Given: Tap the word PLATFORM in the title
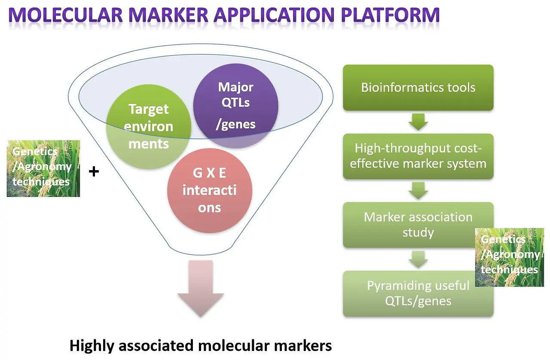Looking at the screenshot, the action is [390, 15].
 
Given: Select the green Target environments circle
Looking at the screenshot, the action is [149, 127].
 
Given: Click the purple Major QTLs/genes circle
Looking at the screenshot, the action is [236, 106].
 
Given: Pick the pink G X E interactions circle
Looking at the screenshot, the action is [210, 191].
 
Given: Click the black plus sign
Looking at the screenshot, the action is [94, 171].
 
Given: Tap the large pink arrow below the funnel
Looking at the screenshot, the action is [201, 289].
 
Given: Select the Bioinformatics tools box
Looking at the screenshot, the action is [418, 88].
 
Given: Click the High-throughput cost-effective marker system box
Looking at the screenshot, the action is [418, 156].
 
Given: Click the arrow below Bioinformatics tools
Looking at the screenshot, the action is [419, 122].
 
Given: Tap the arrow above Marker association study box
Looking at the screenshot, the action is [419, 191].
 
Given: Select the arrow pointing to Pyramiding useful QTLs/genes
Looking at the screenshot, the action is [419, 259].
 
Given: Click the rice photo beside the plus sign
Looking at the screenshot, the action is [43, 168].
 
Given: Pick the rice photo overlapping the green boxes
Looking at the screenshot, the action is [510, 257].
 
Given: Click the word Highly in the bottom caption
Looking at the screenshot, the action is [92, 346].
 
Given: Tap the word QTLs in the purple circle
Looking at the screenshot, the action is [236, 102].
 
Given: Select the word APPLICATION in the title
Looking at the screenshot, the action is [274, 15].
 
